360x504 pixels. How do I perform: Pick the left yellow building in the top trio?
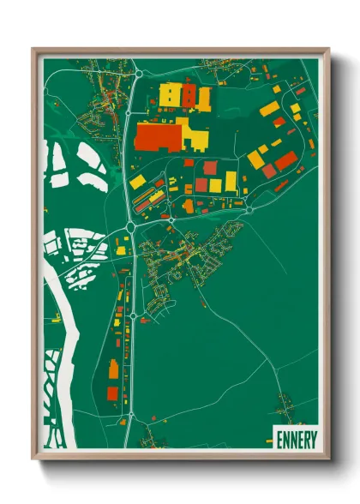click(169, 93)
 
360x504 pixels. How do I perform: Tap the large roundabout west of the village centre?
click(130, 227)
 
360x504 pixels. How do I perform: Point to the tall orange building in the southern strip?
click(113, 371)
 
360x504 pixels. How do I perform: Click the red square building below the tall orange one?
click(112, 393)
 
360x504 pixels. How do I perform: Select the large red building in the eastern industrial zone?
click(285, 160)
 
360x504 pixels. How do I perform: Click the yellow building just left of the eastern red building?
click(256, 159)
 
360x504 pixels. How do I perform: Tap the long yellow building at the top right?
click(269, 108)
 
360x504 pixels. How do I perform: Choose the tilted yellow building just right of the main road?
click(137, 182)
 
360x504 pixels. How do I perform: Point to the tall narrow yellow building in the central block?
click(231, 181)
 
